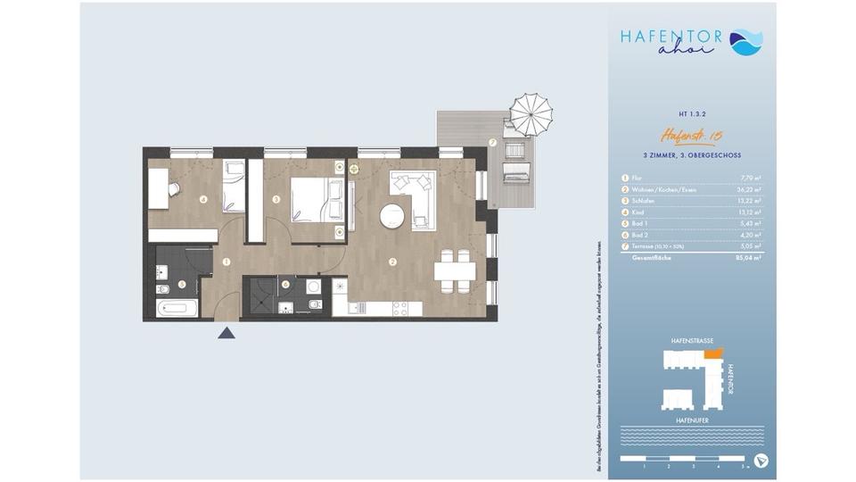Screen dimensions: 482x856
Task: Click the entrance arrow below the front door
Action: (x=226, y=333)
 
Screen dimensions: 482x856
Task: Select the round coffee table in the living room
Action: (x=391, y=216)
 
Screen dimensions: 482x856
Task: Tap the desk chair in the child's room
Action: (x=174, y=188)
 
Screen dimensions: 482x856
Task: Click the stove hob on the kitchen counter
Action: (x=396, y=309)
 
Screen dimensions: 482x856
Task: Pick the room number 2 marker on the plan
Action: (x=391, y=262)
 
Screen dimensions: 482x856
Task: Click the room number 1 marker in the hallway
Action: (x=227, y=262)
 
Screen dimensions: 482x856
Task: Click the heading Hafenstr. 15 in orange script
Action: (x=691, y=137)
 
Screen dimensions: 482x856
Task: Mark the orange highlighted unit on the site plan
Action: (x=711, y=353)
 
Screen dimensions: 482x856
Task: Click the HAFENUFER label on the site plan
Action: (x=692, y=418)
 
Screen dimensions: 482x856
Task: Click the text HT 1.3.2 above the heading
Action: (x=692, y=114)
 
